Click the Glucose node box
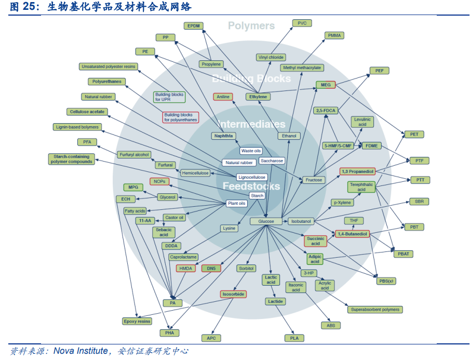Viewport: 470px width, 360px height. [265, 221]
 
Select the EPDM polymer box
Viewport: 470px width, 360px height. [193, 25]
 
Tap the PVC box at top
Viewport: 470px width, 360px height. [302, 23]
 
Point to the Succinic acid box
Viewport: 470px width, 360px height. [315, 241]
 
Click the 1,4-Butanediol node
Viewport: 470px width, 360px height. [352, 234]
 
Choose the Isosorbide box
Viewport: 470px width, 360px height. [233, 294]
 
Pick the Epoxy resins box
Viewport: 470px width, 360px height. [137, 321]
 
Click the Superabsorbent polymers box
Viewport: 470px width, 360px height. [375, 310]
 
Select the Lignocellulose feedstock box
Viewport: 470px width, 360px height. [252, 177]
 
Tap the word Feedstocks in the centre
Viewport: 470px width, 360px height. [251, 186]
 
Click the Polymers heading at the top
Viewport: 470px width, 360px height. [251, 25]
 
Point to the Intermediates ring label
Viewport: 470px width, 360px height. [251, 124]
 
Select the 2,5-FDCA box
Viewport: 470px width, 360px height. [326, 110]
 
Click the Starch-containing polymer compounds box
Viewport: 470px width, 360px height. [72, 159]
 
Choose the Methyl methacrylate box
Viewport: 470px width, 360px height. [302, 68]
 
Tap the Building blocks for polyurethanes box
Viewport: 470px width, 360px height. [180, 117]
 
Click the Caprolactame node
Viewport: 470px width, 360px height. [183, 257]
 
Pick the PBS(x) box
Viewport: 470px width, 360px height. [386, 281]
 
